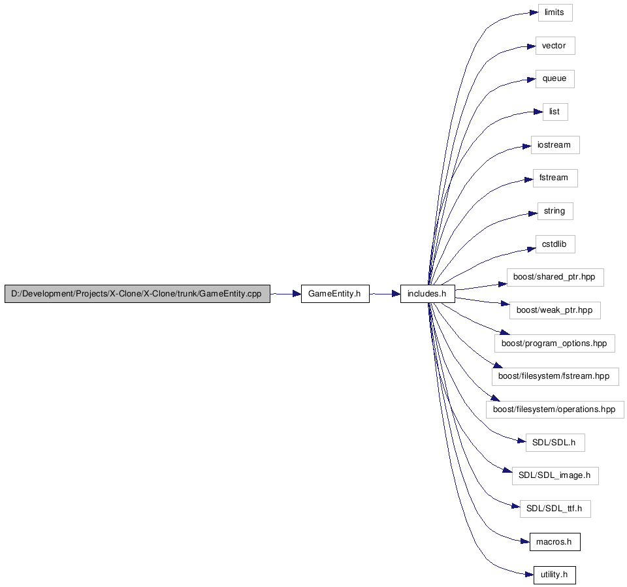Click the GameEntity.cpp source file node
137,294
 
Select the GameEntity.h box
335,294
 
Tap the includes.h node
427,294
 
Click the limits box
555,13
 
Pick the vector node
555,46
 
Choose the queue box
555,79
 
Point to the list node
555,112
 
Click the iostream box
555,145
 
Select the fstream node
555,178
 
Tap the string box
555,211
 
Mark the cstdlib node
555,244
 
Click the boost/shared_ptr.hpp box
555,278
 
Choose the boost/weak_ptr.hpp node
555,310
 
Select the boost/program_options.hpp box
555,343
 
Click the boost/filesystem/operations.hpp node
555,409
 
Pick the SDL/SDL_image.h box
555,476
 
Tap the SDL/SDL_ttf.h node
555,509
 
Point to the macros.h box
555,542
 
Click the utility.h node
555,575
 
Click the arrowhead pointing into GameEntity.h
297,294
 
